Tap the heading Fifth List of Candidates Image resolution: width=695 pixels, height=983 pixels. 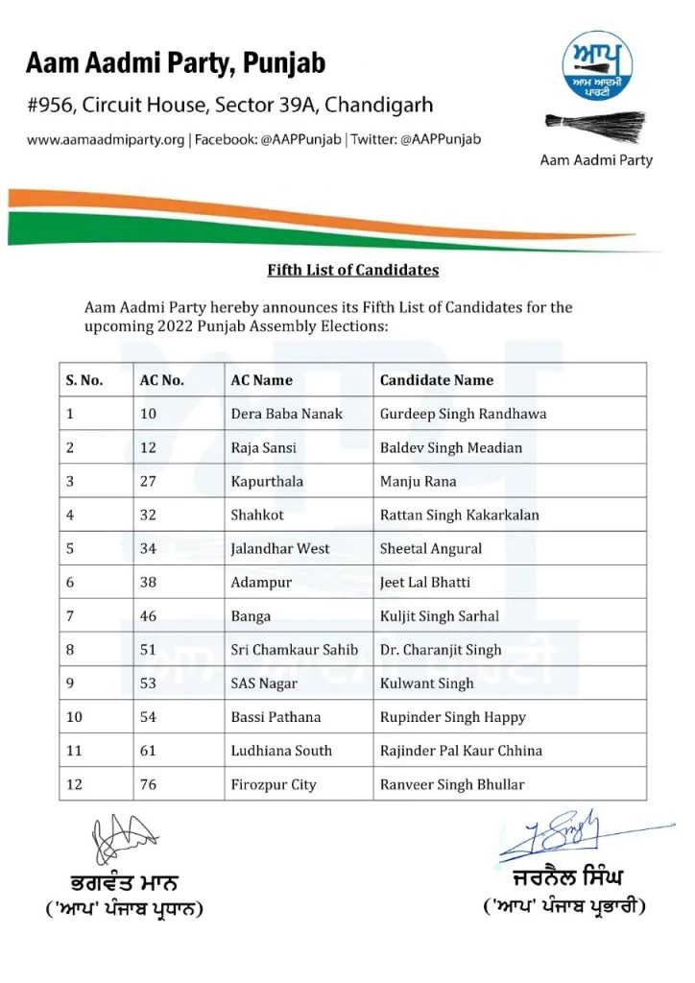click(x=352, y=270)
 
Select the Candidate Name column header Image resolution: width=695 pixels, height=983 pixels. click(x=437, y=380)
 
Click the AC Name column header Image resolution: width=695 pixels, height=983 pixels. click(x=262, y=380)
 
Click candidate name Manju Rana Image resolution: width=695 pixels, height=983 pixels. click(x=419, y=481)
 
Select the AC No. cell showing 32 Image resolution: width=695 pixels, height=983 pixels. click(x=148, y=515)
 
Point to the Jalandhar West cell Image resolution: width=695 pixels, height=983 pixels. click(x=280, y=548)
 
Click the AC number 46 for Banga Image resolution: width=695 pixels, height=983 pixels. click(x=148, y=616)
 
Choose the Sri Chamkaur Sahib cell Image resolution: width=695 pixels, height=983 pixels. click(x=295, y=650)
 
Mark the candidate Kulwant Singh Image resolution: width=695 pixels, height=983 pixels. click(x=427, y=683)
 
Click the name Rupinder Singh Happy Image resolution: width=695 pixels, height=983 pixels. click(x=453, y=717)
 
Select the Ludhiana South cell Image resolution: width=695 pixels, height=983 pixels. click(x=281, y=751)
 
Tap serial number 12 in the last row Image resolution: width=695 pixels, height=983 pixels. click(x=75, y=784)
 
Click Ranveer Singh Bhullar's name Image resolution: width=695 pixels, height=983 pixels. click(x=452, y=784)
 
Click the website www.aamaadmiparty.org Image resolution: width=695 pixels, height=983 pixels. click(x=106, y=139)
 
